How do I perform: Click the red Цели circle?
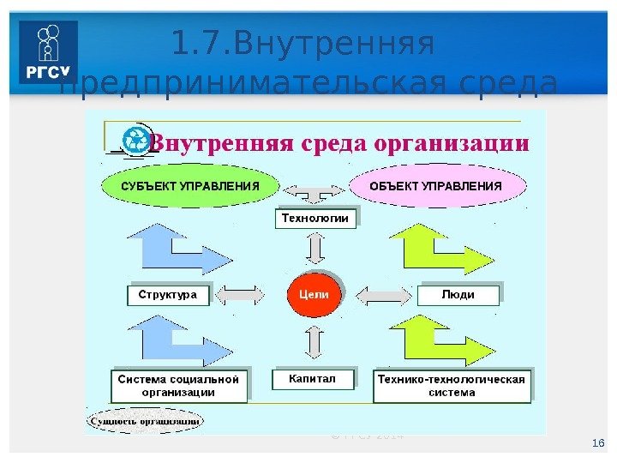point(313,293)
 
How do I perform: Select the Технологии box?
point(315,219)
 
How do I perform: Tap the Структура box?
point(168,295)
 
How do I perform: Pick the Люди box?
point(458,295)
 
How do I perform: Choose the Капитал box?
point(313,378)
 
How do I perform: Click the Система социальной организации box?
point(179,385)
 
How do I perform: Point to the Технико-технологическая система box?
point(452,385)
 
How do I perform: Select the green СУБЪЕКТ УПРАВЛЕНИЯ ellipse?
point(189,186)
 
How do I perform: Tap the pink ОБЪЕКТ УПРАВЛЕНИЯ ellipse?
point(435,186)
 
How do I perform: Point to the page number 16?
point(598,442)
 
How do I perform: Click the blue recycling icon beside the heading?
point(135,141)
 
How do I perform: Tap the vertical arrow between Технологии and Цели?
point(314,249)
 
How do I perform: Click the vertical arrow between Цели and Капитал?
point(314,342)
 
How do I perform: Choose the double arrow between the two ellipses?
point(313,189)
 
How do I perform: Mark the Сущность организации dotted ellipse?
point(145,421)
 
